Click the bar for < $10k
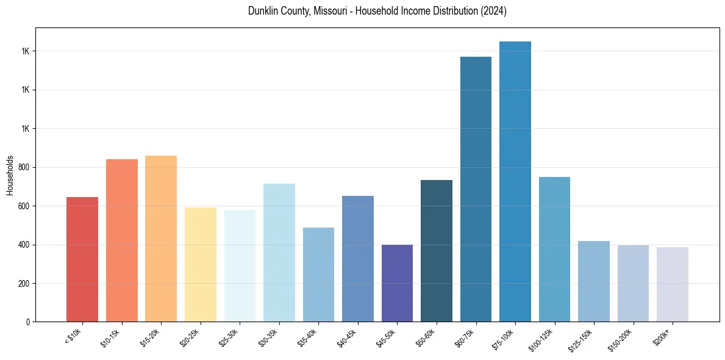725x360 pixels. click(x=82, y=259)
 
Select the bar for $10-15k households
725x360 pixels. click(x=122, y=240)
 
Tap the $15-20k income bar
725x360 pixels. click(x=161, y=239)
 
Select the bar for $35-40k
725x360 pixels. click(x=318, y=275)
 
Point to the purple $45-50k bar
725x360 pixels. click(x=397, y=283)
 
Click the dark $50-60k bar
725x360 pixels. click(x=437, y=251)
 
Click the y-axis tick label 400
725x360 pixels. click(x=24, y=245)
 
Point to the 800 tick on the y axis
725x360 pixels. click(x=24, y=167)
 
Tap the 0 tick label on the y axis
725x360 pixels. click(x=28, y=322)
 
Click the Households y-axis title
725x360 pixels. click(x=10, y=175)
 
